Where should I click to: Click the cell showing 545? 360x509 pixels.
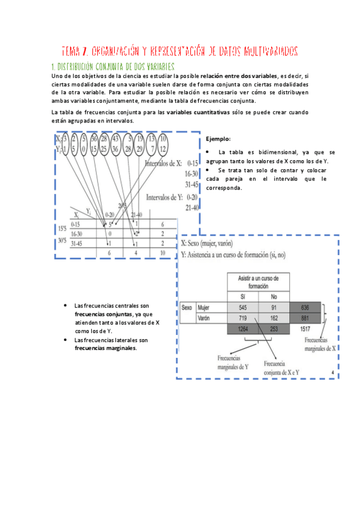[243, 307]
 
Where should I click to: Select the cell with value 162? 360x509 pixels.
[274, 318]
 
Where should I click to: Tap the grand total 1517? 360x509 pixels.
[306, 329]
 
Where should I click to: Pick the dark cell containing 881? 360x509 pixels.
[306, 318]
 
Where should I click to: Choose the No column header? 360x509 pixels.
[274, 297]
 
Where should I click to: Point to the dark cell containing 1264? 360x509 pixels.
[243, 329]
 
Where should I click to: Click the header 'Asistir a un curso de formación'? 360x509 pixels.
[258, 283]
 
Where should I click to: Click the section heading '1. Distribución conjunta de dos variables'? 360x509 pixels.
[113, 66]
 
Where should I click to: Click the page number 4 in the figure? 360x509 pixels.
[332, 373]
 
